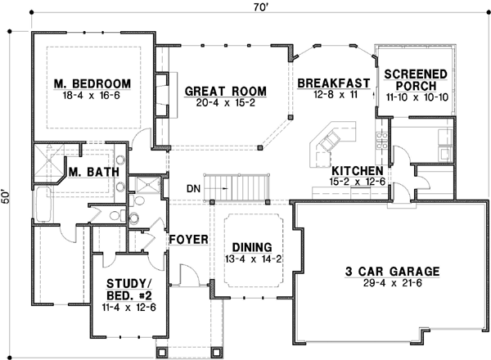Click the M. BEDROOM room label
(92, 84)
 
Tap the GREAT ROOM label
(217, 91)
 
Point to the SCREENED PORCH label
(416, 79)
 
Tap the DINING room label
(252, 246)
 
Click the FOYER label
(187, 241)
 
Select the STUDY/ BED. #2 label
(132, 290)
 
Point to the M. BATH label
(95, 173)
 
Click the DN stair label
(193, 189)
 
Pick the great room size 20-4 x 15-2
(218, 104)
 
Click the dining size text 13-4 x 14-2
(254, 259)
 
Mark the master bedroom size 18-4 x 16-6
(92, 97)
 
